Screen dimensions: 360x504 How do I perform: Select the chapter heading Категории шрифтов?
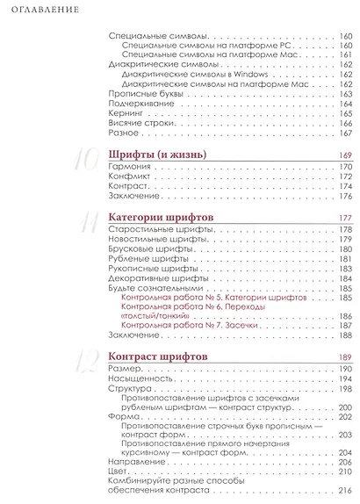162,218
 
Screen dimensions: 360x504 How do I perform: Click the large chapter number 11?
88,223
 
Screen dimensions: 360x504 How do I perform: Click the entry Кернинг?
120,113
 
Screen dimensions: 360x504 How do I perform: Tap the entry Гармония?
126,167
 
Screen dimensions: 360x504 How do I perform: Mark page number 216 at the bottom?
344,491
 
